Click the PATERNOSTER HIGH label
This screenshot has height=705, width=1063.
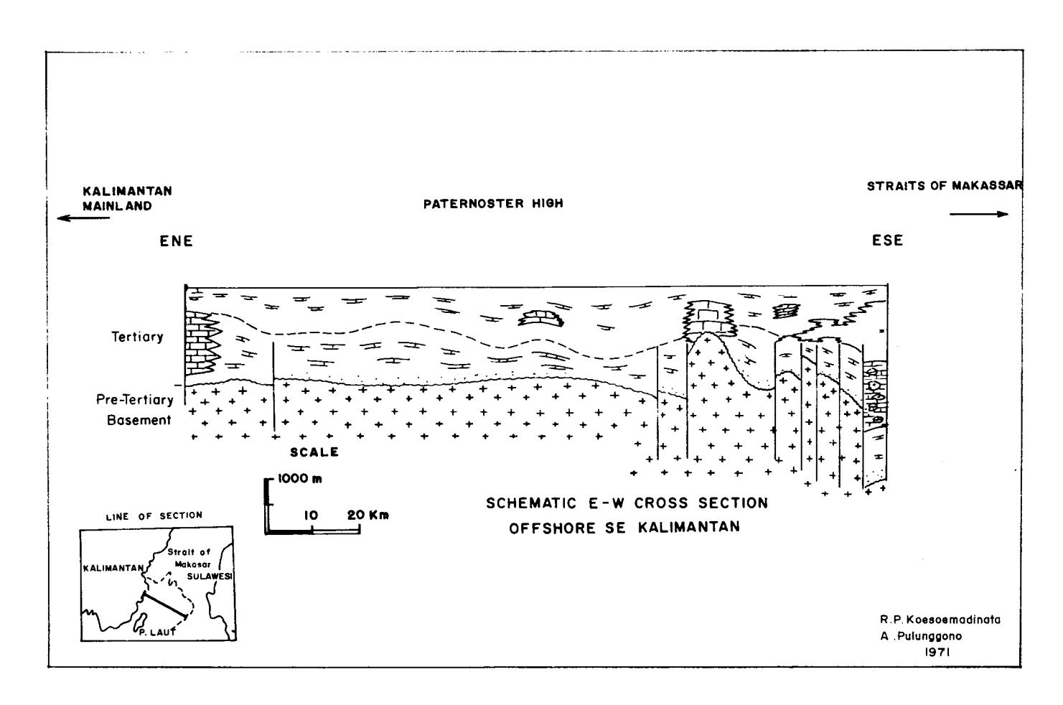pyautogui.click(x=493, y=204)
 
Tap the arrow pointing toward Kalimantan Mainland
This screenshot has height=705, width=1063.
pyautogui.click(x=83, y=218)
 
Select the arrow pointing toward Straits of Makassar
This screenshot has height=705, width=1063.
pyautogui.click(x=979, y=214)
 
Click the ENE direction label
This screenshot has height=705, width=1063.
pyautogui.click(x=176, y=241)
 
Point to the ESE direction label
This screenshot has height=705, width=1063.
pyautogui.click(x=887, y=241)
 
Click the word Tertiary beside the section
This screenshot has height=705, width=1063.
pyautogui.click(x=138, y=337)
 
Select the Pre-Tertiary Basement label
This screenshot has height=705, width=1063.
pyautogui.click(x=135, y=410)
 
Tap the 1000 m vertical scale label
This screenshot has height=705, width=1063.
pyautogui.click(x=300, y=479)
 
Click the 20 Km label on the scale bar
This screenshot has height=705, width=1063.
pyautogui.click(x=367, y=515)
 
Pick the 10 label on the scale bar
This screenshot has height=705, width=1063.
pyautogui.click(x=311, y=515)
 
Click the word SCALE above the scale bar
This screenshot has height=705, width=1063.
pyautogui.click(x=314, y=452)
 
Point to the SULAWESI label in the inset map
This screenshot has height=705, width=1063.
pyautogui.click(x=210, y=576)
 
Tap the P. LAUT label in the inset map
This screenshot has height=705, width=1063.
pyautogui.click(x=157, y=632)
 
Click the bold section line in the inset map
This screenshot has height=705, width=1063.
pyautogui.click(x=164, y=606)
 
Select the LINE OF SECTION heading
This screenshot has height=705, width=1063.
pyautogui.click(x=154, y=516)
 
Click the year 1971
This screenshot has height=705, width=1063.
pyautogui.click(x=937, y=653)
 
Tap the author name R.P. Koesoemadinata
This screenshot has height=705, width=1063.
pyautogui.click(x=940, y=620)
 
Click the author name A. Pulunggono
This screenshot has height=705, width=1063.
pyautogui.click(x=921, y=636)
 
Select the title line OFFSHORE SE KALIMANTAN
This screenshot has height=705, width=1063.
pyautogui.click(x=624, y=528)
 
